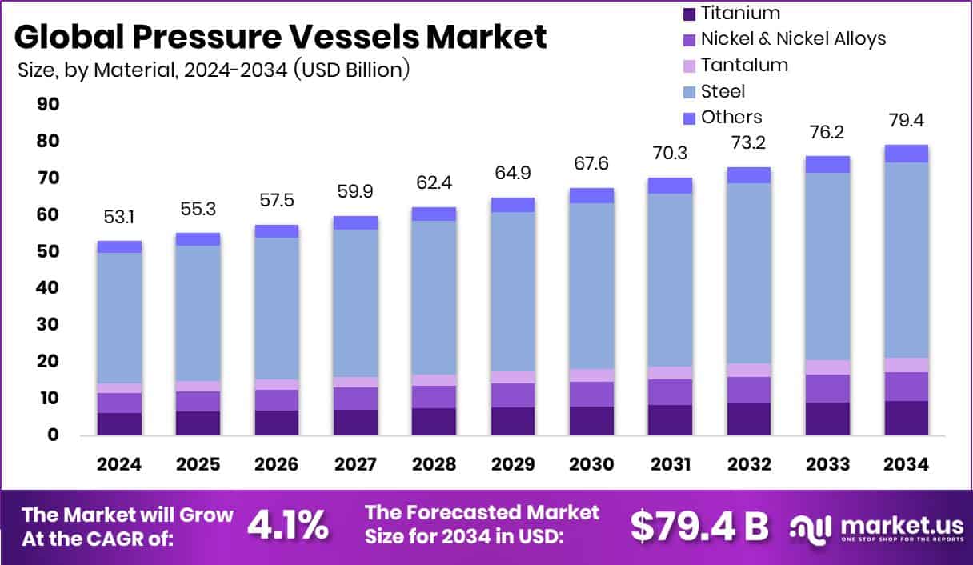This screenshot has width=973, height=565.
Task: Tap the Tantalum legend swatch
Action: click(x=688, y=66)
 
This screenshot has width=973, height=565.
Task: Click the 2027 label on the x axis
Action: click(x=355, y=465)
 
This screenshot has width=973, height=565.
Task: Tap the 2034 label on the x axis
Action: click(x=906, y=465)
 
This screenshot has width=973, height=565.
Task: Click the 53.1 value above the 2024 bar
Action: click(x=119, y=218)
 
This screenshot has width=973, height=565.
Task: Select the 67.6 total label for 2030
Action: click(x=591, y=163)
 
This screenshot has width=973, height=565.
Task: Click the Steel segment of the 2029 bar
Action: click(x=513, y=291)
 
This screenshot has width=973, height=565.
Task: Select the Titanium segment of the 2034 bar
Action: click(x=906, y=418)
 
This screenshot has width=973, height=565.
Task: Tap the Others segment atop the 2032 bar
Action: click(x=749, y=175)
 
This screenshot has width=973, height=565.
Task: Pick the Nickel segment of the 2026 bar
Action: click(x=277, y=399)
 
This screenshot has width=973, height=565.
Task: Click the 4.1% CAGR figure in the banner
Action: click(x=288, y=525)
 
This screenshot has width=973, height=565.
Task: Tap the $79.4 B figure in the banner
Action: click(x=699, y=525)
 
